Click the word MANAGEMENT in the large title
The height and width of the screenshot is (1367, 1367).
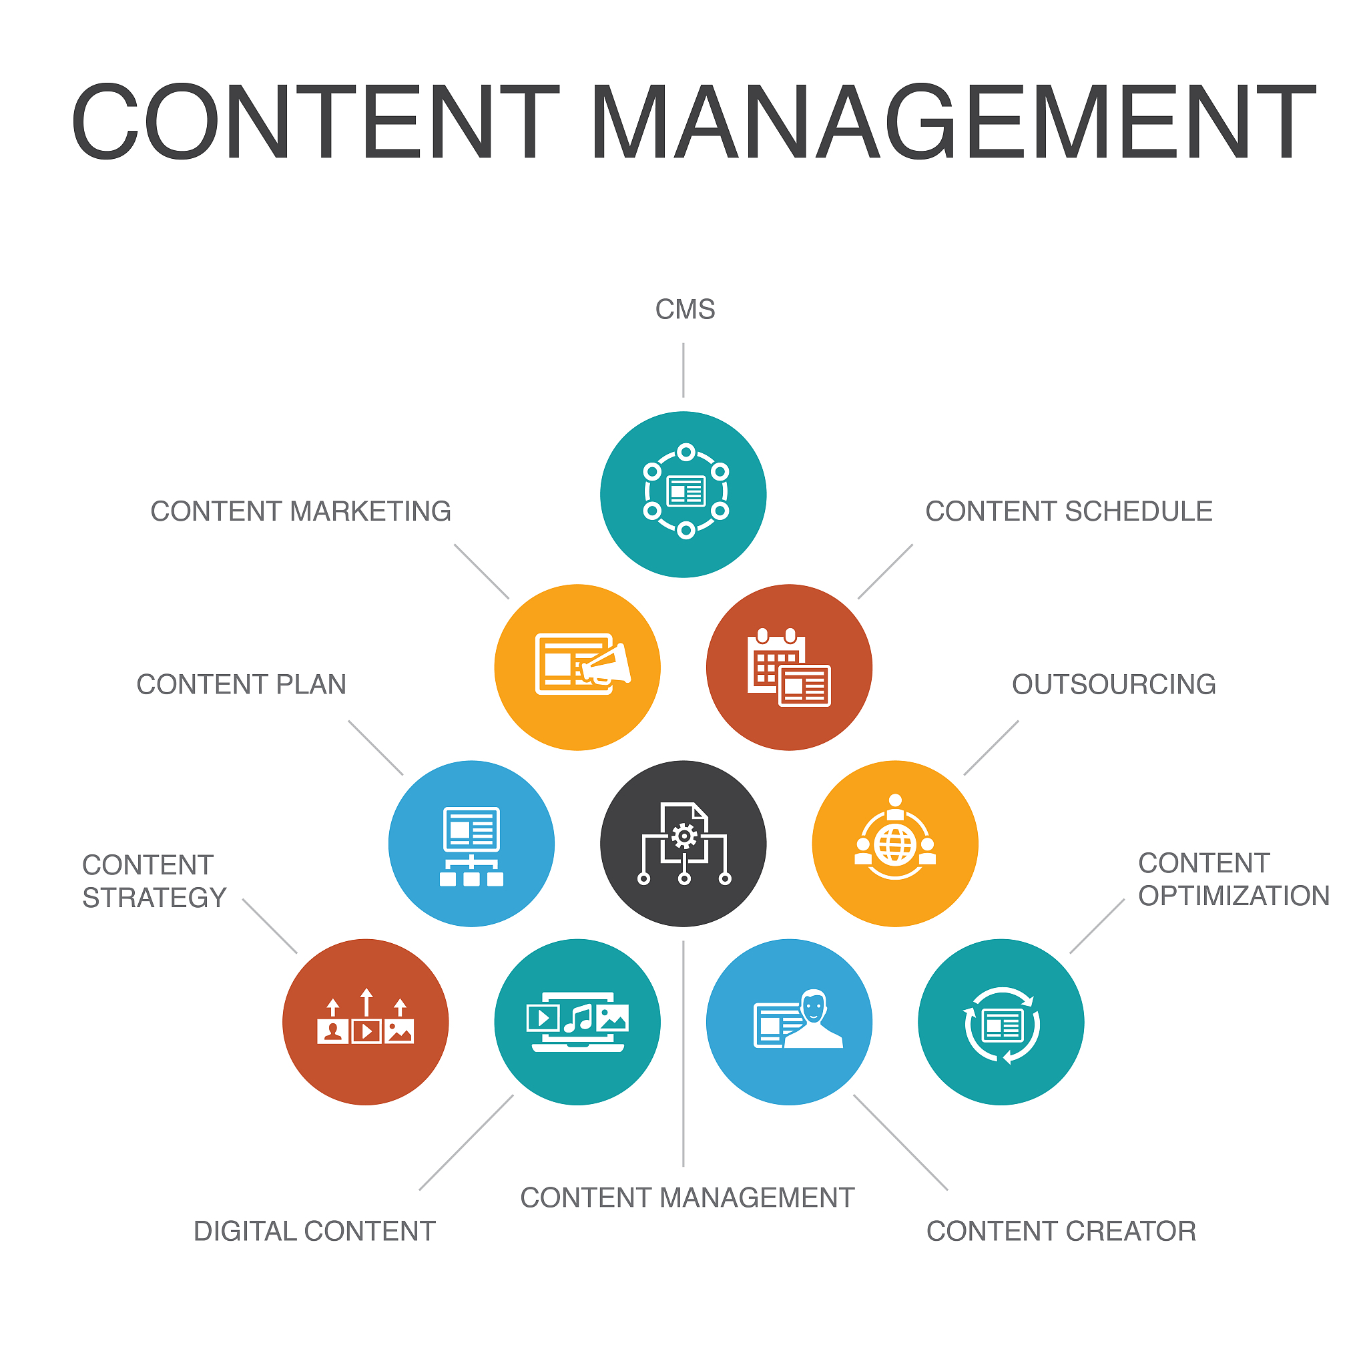pos(952,121)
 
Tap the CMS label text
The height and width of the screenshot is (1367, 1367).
pos(685,309)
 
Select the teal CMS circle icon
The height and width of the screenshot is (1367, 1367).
pos(683,495)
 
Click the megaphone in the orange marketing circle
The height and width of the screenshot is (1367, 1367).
pos(605,664)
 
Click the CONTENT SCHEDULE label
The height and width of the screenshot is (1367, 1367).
pos(1069,511)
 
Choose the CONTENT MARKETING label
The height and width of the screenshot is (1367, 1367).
pos(301,511)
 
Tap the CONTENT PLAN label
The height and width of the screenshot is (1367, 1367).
pos(241,684)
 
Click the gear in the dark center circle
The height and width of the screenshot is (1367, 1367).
pos(684,836)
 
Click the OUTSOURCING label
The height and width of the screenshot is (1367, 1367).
pos(1114,684)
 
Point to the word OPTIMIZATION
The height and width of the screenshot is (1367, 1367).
pos(1234,896)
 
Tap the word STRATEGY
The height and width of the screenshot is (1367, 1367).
pos(154,898)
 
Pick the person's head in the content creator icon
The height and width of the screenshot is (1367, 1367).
pos(814,1005)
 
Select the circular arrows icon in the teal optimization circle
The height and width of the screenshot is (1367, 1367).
pos(1001,1025)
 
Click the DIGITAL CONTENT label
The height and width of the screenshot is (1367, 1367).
pos(314,1231)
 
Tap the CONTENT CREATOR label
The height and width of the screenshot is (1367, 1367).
pos(1061,1231)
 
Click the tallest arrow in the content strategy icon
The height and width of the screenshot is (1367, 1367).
pos(366,1002)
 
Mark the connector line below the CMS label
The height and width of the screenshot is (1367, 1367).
pos(683,370)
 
